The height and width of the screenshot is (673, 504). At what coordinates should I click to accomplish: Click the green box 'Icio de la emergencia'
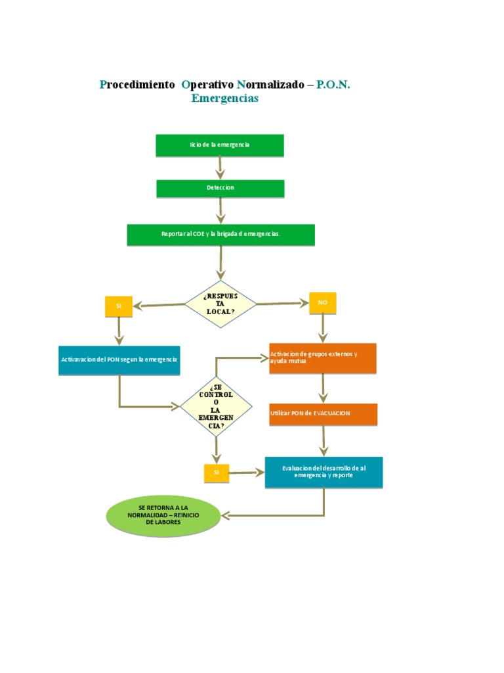click(x=220, y=145)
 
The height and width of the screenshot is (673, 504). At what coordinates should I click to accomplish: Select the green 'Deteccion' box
click(x=220, y=189)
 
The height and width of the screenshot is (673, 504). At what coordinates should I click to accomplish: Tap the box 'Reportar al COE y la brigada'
click(x=220, y=235)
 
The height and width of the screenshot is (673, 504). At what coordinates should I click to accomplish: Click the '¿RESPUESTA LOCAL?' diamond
click(x=220, y=304)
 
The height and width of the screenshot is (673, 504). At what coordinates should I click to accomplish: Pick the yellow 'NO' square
click(x=322, y=303)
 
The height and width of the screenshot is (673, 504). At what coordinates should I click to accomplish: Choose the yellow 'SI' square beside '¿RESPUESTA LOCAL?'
click(x=119, y=306)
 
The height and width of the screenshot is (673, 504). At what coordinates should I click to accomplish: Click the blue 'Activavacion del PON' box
click(x=119, y=360)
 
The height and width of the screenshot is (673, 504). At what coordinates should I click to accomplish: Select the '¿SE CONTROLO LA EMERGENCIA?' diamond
click(x=216, y=407)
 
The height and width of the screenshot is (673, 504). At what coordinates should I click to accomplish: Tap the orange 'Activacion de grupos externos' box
click(x=323, y=358)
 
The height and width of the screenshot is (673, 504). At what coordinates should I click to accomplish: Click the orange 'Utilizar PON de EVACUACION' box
click(x=323, y=413)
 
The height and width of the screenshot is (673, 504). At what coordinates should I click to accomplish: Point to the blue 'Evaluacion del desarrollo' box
click(x=324, y=472)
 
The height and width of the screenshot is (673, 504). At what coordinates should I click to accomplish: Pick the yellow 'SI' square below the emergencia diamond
click(x=217, y=473)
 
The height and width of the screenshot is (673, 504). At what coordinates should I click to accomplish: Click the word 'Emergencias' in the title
click(x=225, y=99)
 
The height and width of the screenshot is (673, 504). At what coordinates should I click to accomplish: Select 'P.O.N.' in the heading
click(x=333, y=85)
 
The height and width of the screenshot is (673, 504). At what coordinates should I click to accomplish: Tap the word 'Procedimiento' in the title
click(x=137, y=85)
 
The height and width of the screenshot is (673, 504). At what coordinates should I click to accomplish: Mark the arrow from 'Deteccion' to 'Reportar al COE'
click(x=220, y=211)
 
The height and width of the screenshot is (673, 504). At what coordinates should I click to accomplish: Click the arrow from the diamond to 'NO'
click(x=282, y=304)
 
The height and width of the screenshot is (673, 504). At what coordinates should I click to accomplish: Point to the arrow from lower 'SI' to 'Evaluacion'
click(x=247, y=473)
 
